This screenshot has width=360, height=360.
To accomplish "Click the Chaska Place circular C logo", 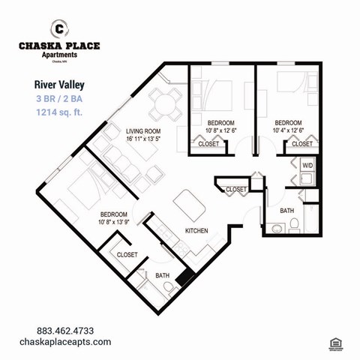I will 58,29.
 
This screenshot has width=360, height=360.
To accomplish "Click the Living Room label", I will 143,130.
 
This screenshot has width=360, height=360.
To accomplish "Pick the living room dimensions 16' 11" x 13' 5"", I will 143,138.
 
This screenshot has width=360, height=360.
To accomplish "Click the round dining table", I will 165,102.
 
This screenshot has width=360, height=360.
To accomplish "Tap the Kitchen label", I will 196,230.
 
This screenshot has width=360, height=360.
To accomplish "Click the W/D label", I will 307,164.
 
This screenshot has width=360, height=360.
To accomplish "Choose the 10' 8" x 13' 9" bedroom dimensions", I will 115,222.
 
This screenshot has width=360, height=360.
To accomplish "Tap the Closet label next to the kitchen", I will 236,190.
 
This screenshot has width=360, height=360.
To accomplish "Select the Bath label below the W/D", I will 287,211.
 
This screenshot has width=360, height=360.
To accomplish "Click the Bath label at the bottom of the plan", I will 163,276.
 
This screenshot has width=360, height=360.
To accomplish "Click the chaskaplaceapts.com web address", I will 74,342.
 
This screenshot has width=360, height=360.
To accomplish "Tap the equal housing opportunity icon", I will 335,343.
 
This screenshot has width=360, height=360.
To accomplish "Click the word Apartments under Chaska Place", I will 58,54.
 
